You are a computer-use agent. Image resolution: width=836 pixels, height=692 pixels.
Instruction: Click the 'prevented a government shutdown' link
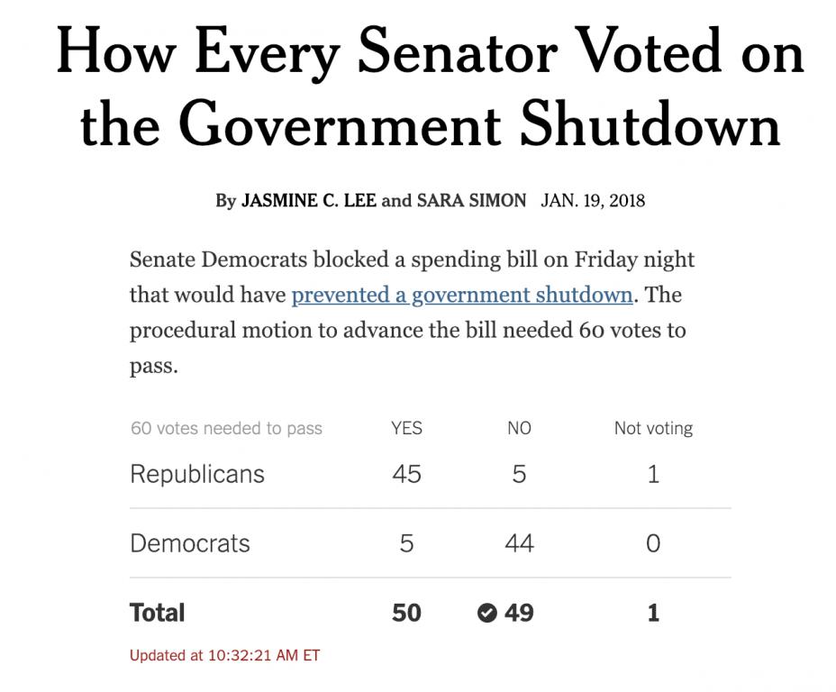(461, 295)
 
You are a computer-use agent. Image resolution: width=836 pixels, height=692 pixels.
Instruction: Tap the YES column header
(406, 428)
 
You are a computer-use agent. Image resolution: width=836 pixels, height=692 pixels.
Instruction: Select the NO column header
(519, 428)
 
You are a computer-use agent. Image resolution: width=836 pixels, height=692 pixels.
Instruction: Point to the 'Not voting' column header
(653, 428)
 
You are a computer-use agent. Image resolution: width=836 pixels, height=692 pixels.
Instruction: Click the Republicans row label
(197, 474)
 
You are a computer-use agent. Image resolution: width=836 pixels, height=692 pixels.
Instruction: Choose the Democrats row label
(190, 543)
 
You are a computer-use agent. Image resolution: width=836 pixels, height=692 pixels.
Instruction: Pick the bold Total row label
(158, 613)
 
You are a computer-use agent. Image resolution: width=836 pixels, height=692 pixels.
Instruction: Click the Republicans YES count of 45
(406, 474)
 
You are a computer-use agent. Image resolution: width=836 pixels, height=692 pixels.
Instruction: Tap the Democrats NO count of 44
(519, 543)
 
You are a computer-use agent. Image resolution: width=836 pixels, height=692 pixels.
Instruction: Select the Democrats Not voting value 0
(653, 543)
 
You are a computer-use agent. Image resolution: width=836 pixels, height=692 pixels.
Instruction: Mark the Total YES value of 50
(406, 613)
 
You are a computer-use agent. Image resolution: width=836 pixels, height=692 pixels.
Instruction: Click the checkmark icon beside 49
(486, 613)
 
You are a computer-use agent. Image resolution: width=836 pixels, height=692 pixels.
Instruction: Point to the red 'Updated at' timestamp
(224, 655)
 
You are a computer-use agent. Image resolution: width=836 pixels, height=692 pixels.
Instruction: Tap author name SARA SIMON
(470, 200)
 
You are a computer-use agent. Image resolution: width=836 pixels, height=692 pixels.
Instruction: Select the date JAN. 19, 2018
(593, 200)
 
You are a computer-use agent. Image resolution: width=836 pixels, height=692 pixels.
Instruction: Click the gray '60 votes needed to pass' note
(226, 428)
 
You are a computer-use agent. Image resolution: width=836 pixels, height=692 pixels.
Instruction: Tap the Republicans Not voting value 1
(653, 474)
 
